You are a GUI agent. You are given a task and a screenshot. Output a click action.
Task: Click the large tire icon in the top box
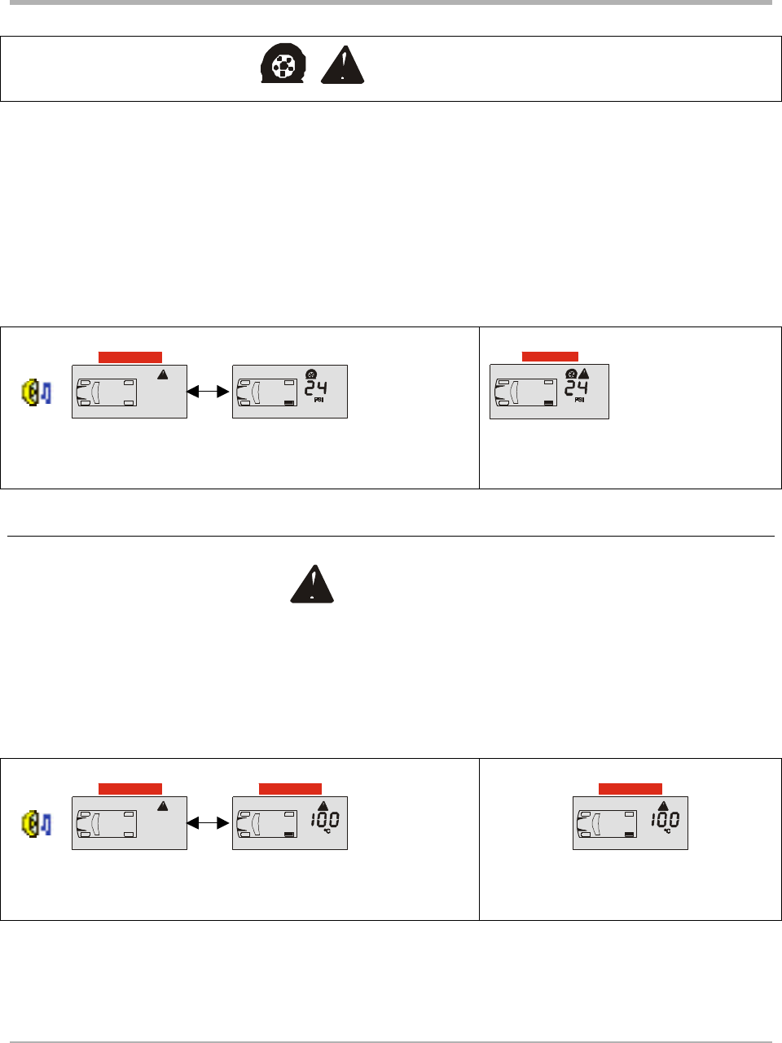point(282,65)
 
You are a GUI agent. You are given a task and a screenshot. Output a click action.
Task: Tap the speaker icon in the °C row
point(37,824)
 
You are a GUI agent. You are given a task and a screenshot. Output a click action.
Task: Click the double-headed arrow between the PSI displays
point(209,392)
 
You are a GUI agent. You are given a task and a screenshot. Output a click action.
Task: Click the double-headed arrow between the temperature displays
point(209,824)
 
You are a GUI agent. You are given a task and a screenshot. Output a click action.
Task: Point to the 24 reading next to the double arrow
point(316,388)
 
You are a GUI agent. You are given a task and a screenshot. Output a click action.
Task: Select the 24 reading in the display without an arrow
point(577,388)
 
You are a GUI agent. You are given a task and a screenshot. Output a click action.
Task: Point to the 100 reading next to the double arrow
point(324,820)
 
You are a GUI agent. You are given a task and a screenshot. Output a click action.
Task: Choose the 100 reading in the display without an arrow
point(665,820)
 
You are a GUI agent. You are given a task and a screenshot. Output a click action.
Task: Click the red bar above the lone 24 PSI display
point(550,357)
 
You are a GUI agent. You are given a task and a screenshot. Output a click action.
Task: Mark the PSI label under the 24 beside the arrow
point(318,401)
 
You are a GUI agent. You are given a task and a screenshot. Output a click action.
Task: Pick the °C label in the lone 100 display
point(666,831)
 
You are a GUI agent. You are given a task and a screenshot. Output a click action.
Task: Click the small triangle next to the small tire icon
point(583,374)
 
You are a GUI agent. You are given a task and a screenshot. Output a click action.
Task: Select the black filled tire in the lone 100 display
point(630,835)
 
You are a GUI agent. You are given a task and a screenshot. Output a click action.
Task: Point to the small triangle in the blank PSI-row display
point(163,374)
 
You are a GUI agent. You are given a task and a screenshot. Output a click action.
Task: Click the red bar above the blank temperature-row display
point(130,788)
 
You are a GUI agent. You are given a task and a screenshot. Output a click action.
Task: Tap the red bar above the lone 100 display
point(630,788)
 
